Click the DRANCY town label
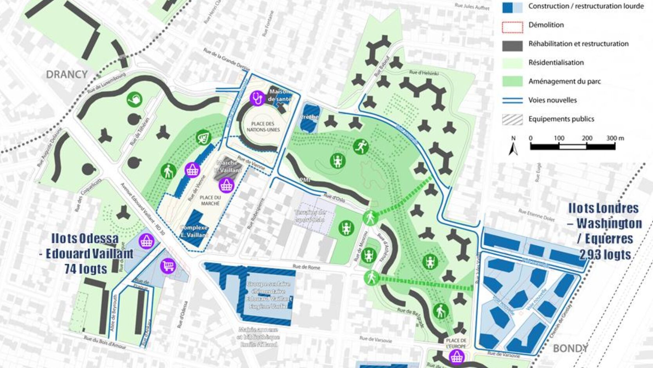coord(67,74)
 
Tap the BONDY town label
coord(570,348)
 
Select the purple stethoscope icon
coord(258,98)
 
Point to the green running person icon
coord(361,147)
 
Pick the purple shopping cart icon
coord(168,266)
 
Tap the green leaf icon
coord(203,138)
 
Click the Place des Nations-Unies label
coord(263,127)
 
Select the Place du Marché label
coord(210,200)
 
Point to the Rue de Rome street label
coord(306,267)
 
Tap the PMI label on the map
coord(305,180)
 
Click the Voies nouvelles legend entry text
coord(552,100)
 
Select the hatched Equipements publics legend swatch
coord(512,119)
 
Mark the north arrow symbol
coord(513,147)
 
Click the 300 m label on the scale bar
coord(615,138)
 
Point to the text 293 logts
coord(605,255)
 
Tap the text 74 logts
coord(86,269)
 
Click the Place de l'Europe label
coord(456,343)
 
